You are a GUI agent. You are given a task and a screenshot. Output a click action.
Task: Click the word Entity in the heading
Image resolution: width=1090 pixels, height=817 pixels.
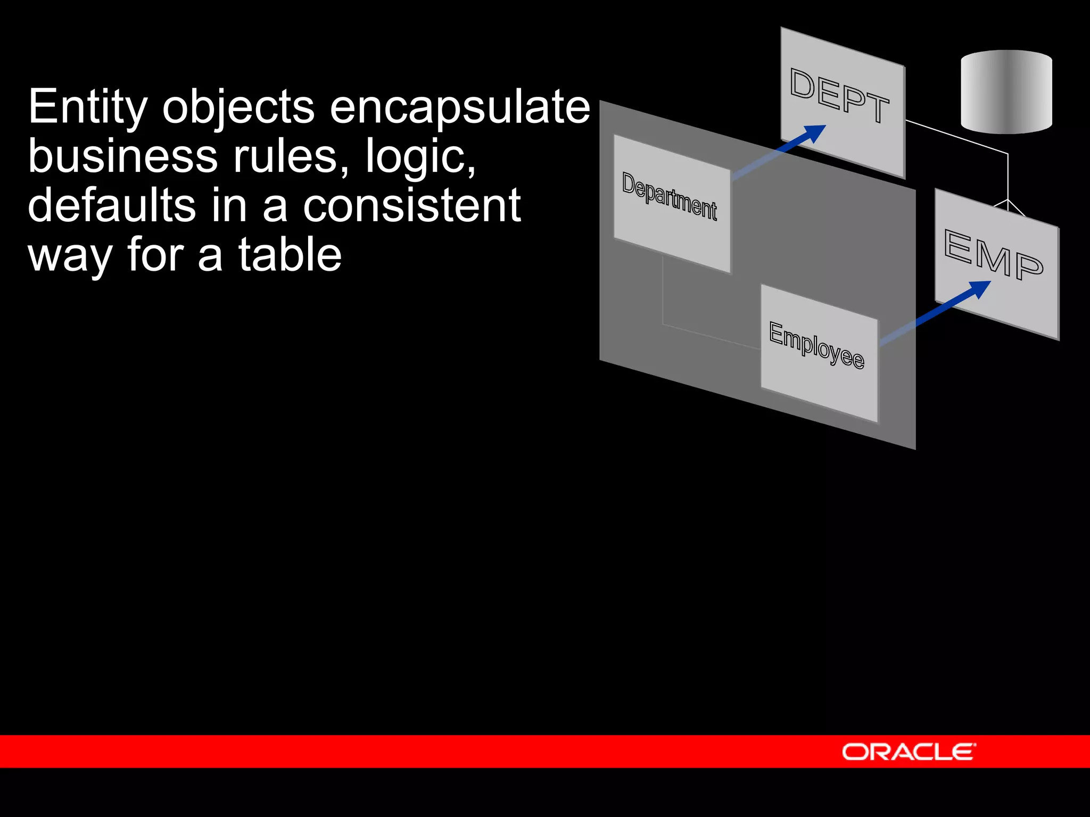click(87, 108)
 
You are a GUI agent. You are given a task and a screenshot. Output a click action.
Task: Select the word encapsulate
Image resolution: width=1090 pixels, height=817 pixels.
click(460, 108)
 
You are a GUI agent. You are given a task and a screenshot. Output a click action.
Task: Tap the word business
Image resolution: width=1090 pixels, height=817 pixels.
click(122, 156)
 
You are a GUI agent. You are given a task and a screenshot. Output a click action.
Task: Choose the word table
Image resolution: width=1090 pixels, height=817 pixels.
click(290, 255)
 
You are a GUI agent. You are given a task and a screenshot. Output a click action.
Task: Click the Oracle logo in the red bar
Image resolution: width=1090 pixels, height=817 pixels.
click(909, 752)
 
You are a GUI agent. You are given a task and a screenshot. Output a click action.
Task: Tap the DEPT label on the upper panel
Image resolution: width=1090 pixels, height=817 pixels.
click(839, 96)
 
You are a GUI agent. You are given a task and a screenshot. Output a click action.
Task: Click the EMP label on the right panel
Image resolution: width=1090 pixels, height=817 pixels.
click(993, 254)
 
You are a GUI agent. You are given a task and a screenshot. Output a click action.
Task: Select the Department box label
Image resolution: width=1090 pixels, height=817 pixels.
click(670, 196)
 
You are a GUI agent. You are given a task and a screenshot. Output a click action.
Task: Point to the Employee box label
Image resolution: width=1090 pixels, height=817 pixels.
click(816, 345)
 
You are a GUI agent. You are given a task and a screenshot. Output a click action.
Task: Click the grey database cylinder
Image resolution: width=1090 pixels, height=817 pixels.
click(1006, 91)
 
